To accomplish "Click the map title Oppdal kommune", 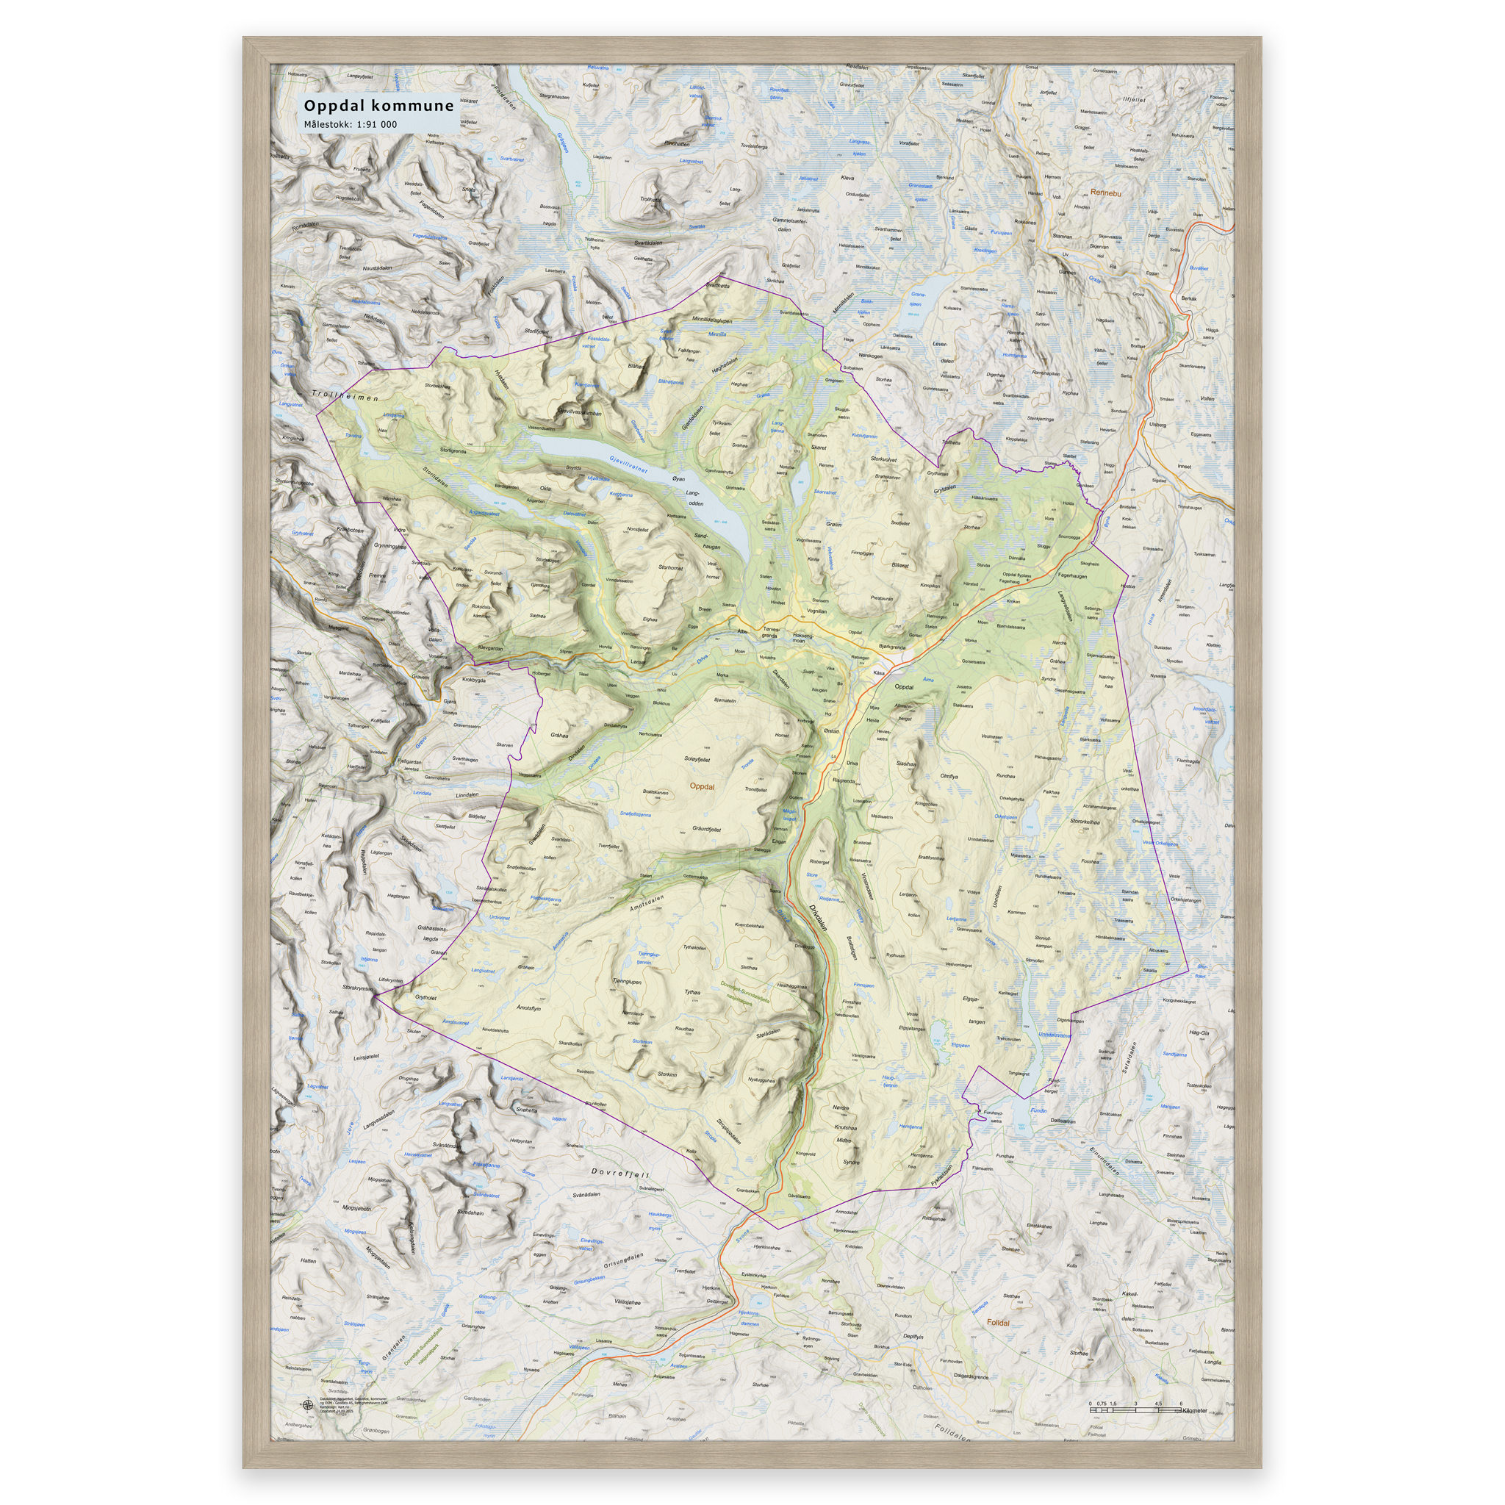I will point(378,106).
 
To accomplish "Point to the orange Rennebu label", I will point(1105,193).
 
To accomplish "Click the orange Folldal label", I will point(998,1323).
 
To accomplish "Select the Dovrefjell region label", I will point(620,1172).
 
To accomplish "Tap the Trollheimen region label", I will point(345,396).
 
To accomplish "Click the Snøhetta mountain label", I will point(527,1111).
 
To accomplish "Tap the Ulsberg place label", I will point(1157,425).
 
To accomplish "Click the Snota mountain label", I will point(468,189).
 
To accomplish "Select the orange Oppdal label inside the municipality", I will point(702,787).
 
